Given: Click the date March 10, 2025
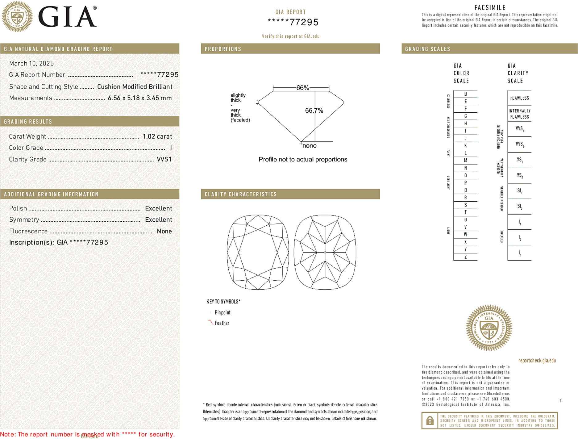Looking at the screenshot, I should [x=31, y=63].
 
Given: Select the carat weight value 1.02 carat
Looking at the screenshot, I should [x=157, y=136].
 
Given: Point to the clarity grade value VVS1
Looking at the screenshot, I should [x=164, y=159].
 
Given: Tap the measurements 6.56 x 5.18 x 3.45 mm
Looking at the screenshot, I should [x=139, y=98].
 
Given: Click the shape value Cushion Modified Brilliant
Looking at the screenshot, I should [x=135, y=87].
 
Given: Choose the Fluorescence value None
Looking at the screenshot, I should [x=164, y=231].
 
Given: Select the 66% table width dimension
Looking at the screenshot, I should [x=302, y=88].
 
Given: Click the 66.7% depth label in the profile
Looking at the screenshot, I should [x=314, y=111].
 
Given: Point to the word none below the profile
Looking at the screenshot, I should [x=309, y=146].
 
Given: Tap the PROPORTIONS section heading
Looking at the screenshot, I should [x=223, y=49].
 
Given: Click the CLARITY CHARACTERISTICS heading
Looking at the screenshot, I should [x=241, y=194].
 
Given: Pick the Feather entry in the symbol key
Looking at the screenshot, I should [x=222, y=323].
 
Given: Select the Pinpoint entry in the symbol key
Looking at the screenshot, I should [x=222, y=312].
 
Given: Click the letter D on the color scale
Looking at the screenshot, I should [x=465, y=94].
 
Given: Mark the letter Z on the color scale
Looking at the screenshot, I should [x=465, y=257].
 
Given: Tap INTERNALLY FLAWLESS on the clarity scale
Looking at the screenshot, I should [x=519, y=114].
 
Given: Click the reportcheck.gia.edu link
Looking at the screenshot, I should [x=537, y=361].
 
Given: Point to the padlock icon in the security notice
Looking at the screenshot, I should [x=430, y=420].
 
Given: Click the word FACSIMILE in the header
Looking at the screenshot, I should [x=490, y=8].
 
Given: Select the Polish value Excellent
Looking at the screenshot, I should [x=158, y=208].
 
